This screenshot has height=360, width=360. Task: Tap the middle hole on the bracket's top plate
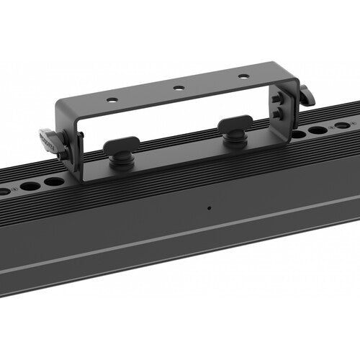coord(179,88)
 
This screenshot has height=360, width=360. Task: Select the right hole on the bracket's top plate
coord(244,76)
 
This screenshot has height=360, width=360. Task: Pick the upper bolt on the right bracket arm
coord(277,99)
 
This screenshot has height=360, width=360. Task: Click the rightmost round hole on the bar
coord(343,125)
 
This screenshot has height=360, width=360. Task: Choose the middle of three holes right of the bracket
coord(318,130)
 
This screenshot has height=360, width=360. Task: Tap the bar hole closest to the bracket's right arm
coord(297,135)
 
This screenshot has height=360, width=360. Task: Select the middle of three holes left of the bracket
coord(30,186)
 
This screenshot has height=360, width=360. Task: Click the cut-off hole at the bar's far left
coord(4,192)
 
